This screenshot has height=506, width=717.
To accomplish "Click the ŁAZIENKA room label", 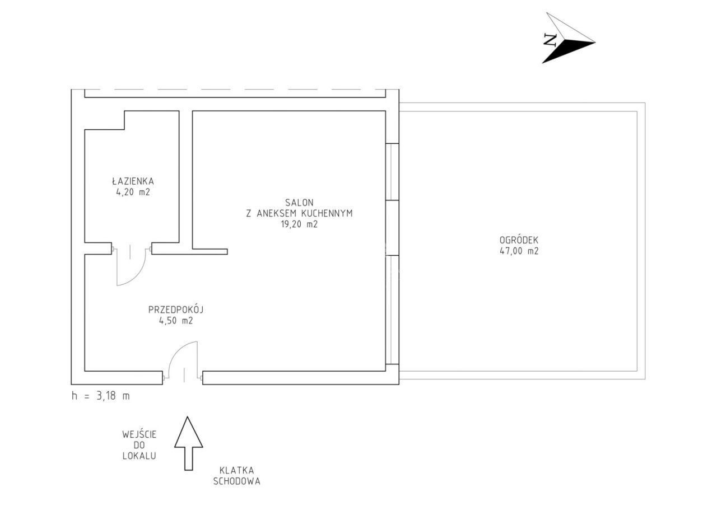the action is point(133,181).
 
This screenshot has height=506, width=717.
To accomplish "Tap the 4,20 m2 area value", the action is point(133,192).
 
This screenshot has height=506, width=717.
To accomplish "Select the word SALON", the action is point(299,203).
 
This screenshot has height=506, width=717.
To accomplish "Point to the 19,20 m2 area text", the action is point(299,224).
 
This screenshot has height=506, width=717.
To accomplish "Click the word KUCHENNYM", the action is point(327,213).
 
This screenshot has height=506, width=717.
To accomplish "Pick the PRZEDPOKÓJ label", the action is point(176,310).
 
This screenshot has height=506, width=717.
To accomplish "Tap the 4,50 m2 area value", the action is point(176,321).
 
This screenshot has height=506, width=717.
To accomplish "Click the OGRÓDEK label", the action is point(519,240).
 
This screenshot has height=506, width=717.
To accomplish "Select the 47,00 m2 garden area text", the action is point(519,251).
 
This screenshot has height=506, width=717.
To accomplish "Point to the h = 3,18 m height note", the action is point(101,396).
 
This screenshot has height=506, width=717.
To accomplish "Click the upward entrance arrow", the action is point(189,443).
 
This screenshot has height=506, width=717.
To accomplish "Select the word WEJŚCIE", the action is point(139,434).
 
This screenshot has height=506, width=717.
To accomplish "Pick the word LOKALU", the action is point(139,456).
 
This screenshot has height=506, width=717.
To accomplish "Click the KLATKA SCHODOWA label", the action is point(237,476).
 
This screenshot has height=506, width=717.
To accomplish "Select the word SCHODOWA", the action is point(237,481).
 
